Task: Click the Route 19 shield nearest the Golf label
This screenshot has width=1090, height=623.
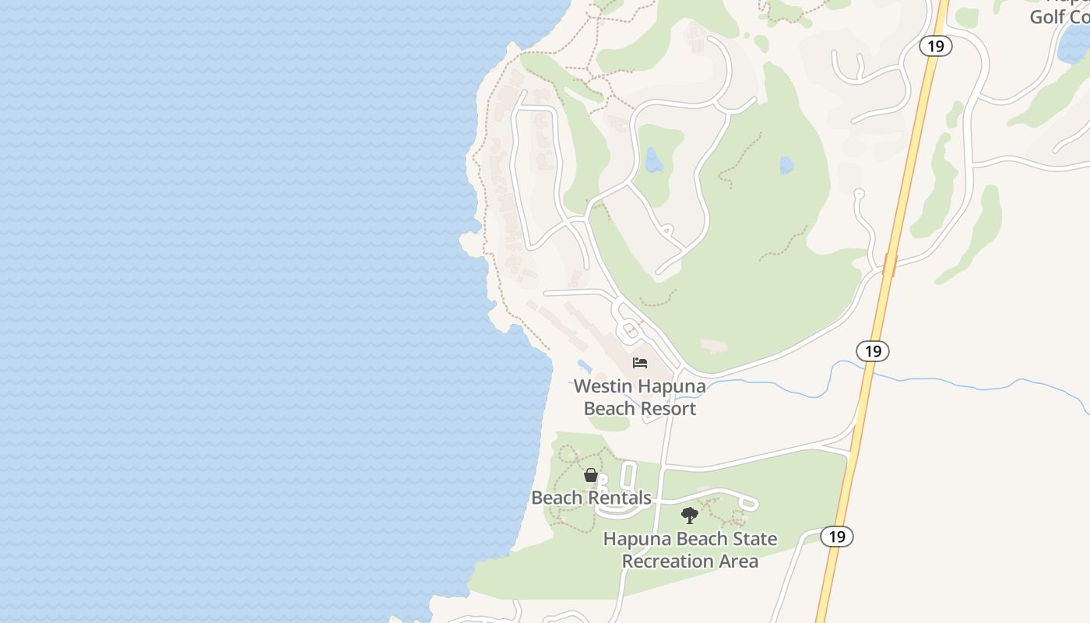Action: [936, 46]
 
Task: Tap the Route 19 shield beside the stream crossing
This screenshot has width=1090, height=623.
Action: [873, 351]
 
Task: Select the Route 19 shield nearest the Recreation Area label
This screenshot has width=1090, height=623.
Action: [837, 537]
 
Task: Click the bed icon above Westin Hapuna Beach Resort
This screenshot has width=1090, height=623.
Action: [640, 363]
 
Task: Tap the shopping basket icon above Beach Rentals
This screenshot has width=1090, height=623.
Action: [591, 475]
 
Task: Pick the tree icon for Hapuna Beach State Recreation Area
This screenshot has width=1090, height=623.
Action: [689, 515]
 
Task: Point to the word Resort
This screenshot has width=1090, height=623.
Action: [667, 408]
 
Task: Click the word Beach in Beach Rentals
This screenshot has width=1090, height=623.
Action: [557, 498]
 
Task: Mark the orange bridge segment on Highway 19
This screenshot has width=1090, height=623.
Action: [890, 265]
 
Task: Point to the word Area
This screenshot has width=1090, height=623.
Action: [737, 561]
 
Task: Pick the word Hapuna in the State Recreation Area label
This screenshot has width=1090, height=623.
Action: [635, 539]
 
